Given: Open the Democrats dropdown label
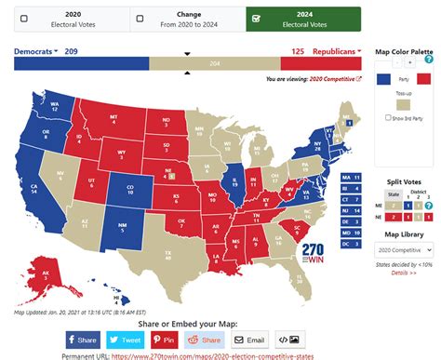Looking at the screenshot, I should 36,50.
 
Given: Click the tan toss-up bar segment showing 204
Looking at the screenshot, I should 215,63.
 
